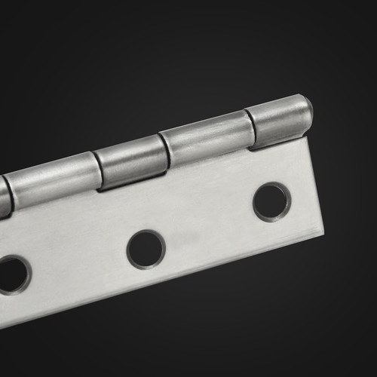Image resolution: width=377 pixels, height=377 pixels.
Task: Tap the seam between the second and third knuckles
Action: (x=164, y=149)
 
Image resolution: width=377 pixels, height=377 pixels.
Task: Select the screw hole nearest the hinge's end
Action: (x=271, y=201)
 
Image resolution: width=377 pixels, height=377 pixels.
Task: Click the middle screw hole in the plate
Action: (x=146, y=249)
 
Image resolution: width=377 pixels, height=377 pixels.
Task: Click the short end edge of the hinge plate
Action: (x=315, y=185)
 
